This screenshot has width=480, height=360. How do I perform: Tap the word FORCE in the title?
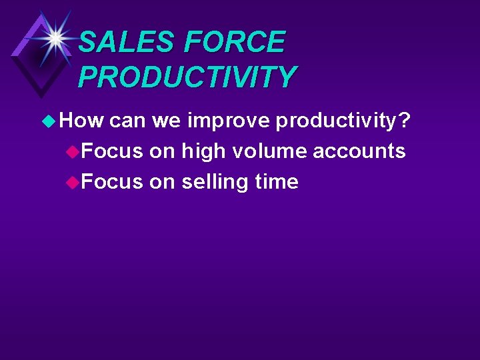point(234,43)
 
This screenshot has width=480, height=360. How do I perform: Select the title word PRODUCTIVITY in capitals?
point(187,77)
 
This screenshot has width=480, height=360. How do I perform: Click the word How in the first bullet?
point(81,121)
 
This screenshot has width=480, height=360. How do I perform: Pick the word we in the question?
point(166,121)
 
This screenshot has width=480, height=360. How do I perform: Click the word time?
point(276,181)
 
